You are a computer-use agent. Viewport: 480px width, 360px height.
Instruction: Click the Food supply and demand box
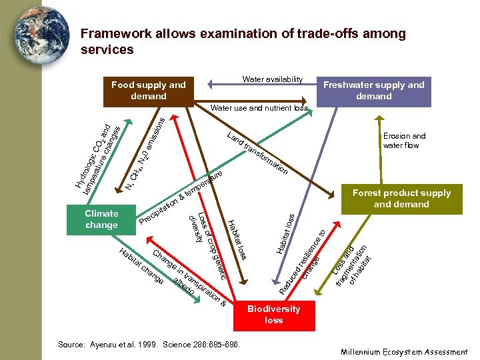[148, 91]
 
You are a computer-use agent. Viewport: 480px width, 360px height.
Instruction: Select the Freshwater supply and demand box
[373, 91]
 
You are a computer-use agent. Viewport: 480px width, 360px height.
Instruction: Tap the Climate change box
[101, 219]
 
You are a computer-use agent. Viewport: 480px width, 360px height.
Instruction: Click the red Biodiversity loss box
[273, 314]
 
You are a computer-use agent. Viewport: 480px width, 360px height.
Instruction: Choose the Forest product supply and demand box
[401, 199]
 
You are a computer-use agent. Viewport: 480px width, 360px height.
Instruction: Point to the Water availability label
[273, 79]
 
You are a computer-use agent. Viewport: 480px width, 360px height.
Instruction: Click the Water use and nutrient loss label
[259, 108]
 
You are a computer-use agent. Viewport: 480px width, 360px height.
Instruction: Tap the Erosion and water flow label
[404, 141]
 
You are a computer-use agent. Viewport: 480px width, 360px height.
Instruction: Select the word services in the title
[107, 49]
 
